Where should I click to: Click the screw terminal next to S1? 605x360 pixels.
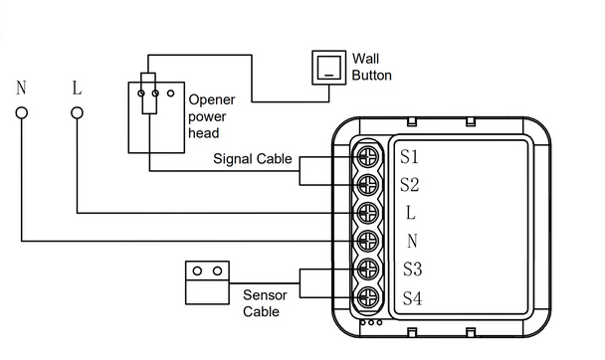point(367,156)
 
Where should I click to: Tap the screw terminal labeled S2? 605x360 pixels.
point(367,185)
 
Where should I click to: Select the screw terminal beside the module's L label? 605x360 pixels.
point(367,213)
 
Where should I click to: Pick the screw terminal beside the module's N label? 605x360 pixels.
point(367,241)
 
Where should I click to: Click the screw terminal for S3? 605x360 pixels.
point(367,270)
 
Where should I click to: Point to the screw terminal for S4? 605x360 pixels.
point(367,297)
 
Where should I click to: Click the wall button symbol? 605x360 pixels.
point(328,68)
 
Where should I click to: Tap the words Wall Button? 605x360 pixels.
point(371,67)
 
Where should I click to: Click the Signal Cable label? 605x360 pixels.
point(253,159)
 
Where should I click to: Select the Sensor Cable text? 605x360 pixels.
point(265,303)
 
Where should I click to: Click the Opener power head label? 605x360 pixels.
point(211,116)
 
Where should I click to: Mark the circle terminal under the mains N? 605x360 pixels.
point(22,113)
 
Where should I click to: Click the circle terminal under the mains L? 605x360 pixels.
point(77,113)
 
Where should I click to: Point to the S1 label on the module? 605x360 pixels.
point(409,156)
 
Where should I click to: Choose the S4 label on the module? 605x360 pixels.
point(412,298)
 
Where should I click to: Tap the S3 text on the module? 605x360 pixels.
point(412,270)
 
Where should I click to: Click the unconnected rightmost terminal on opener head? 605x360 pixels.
point(170,92)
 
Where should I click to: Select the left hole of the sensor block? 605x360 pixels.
point(197,270)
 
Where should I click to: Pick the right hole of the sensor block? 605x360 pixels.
point(217,270)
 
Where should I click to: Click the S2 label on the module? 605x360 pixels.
point(409,185)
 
